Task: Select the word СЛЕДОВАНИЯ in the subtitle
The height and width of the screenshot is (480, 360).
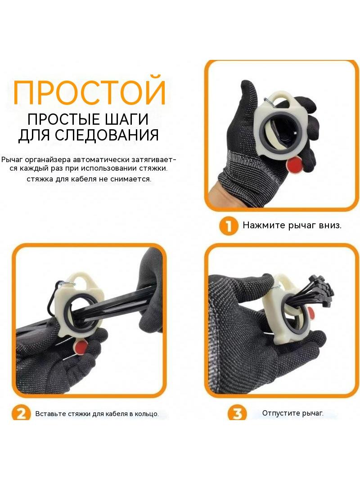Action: (107, 135)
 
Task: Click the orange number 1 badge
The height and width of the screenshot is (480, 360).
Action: (228, 226)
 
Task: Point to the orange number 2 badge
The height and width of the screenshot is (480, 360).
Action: (21, 413)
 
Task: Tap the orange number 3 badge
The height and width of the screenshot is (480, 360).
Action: (237, 413)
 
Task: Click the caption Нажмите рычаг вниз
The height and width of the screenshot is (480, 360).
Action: (292, 225)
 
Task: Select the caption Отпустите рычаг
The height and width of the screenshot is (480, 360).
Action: (292, 413)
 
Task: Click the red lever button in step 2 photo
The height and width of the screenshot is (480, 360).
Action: (81, 346)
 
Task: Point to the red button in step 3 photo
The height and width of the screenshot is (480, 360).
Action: (311, 312)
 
